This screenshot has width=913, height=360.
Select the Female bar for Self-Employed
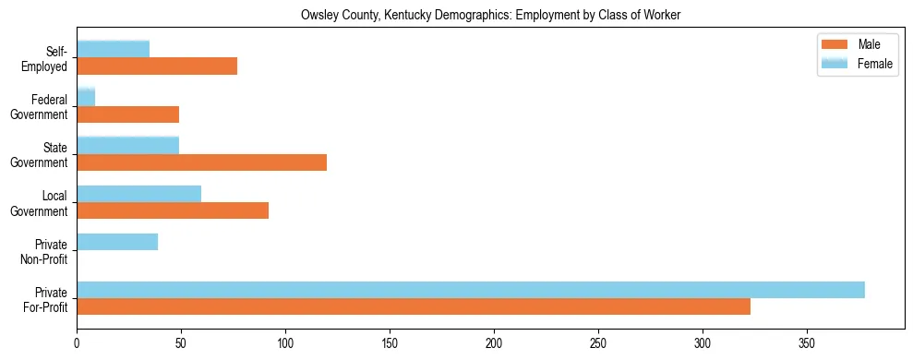point(113,49)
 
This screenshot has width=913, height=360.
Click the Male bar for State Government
point(201,162)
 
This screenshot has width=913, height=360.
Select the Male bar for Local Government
point(173,210)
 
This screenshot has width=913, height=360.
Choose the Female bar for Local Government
point(138,194)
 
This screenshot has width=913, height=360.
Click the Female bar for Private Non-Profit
point(117,242)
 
